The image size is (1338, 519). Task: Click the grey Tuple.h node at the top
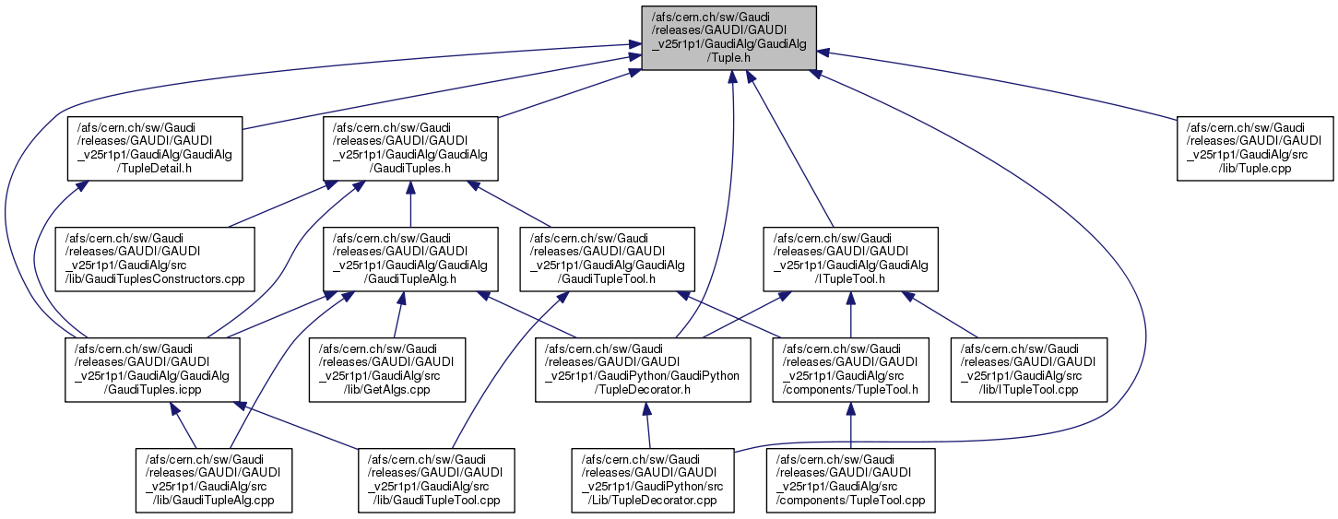click(x=728, y=39)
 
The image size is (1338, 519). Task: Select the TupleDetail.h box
click(x=154, y=147)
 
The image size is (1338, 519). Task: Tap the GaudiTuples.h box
click(x=410, y=147)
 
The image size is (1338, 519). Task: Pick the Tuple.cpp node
click(x=1255, y=147)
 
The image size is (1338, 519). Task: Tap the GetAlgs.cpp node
click(x=389, y=369)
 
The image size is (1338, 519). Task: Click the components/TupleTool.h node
click(x=850, y=369)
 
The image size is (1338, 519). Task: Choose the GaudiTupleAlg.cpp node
click(x=214, y=479)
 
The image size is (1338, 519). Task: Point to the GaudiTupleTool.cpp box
click(x=435, y=479)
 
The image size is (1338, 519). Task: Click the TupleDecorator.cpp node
click(x=653, y=479)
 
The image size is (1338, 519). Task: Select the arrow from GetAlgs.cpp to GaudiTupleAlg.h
click(x=397, y=315)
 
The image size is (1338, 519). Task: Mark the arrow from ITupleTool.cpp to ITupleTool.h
click(x=950, y=318)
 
